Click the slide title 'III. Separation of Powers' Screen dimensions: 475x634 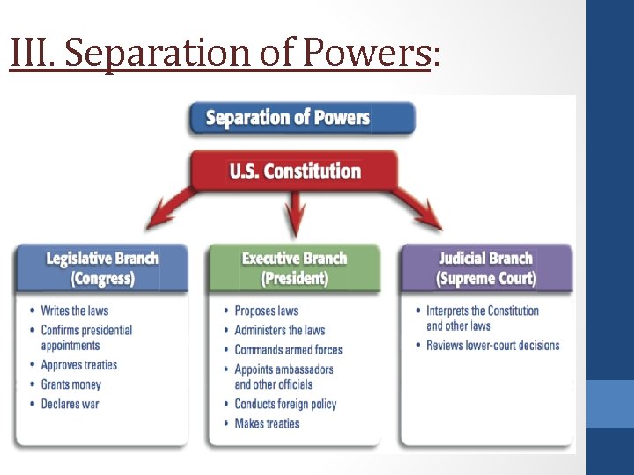tap(225, 53)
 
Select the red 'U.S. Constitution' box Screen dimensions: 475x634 tap(295, 170)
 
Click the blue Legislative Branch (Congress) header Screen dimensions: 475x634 tap(102, 268)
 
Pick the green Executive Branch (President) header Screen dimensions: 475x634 tap(294, 268)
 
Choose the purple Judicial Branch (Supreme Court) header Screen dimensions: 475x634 tap(486, 268)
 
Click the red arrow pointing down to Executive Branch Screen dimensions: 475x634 tap(295, 216)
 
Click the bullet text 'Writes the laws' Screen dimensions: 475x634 tap(75, 311)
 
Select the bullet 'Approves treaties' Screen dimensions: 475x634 tap(78, 365)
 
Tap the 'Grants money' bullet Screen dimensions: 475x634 tap(70, 384)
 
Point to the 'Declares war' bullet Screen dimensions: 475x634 tap(70, 404)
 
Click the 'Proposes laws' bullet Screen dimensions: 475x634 tap(266, 311)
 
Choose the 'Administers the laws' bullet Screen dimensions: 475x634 tap(279, 330)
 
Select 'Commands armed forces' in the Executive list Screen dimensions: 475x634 tap(288, 349)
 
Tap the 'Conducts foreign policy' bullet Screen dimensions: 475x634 tap(285, 404)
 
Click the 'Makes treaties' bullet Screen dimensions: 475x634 tap(267, 423)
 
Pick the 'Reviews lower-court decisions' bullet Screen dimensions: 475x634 tap(492, 345)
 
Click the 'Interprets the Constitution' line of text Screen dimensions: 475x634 tap(482, 311)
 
